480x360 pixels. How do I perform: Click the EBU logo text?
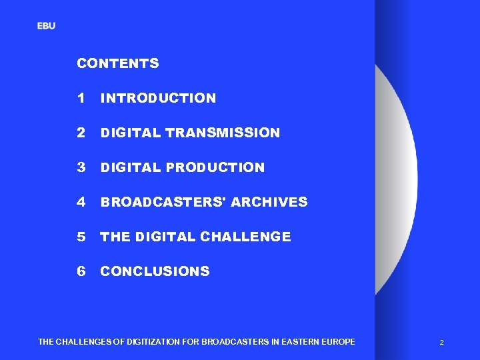(46, 26)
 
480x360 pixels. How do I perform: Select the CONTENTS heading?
(118, 64)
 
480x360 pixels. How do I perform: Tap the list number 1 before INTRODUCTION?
(81, 98)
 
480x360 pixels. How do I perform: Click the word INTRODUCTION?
(158, 99)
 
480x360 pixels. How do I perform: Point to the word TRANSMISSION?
(223, 133)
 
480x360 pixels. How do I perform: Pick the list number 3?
(81, 167)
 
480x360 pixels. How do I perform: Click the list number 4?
(81, 202)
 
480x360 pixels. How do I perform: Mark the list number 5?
(81, 237)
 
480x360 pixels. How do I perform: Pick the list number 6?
(81, 271)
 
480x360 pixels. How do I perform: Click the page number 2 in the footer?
(441, 343)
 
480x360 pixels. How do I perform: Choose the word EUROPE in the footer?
(338, 342)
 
